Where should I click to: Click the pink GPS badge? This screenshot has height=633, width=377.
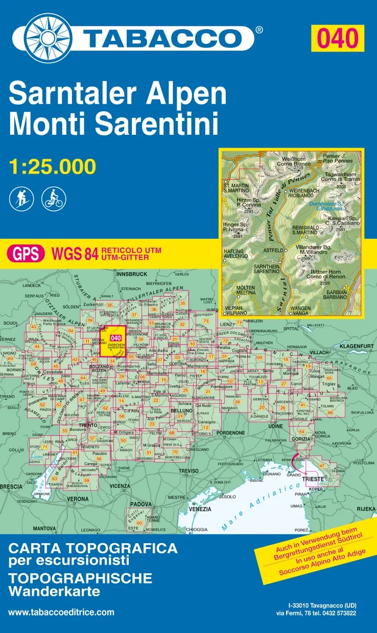[x=25, y=253]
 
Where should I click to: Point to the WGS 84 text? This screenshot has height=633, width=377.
[x=74, y=253]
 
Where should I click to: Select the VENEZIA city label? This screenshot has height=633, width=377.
[x=200, y=509]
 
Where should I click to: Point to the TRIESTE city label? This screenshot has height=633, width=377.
[x=314, y=479]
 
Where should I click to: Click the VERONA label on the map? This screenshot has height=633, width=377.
[x=78, y=498]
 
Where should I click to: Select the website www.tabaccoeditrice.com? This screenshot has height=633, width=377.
[x=61, y=612]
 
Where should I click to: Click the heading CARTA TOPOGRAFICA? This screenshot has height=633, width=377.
[x=93, y=549]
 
